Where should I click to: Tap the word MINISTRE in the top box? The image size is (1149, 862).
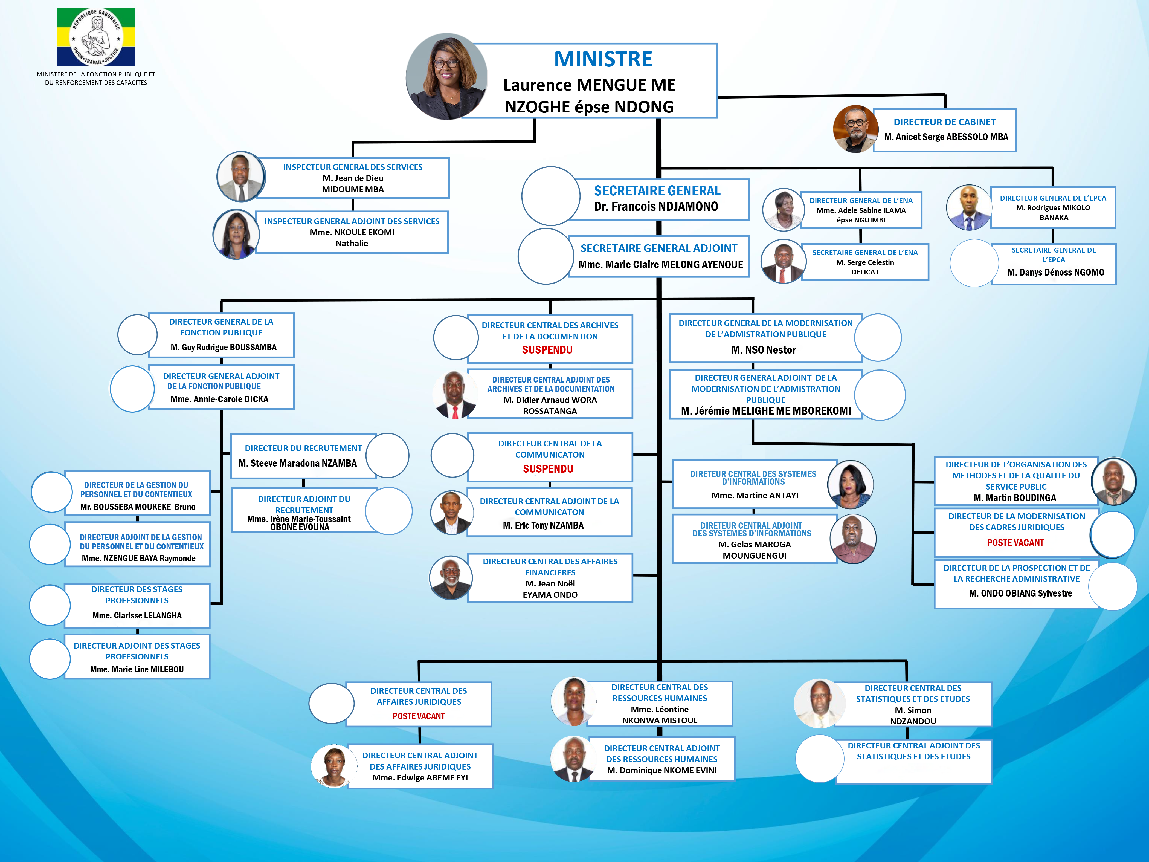click(603, 59)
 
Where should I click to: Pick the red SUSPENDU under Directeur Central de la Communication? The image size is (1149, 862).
click(548, 469)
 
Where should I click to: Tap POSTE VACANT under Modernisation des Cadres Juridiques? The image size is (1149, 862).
click(1015, 542)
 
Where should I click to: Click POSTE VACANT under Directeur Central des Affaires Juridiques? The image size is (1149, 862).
click(419, 716)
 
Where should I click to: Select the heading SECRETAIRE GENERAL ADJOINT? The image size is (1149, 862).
click(659, 248)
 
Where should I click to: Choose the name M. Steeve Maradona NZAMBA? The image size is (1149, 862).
click(298, 463)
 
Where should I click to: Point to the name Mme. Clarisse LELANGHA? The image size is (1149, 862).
click(137, 615)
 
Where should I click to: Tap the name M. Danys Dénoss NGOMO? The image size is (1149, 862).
click(1055, 272)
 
